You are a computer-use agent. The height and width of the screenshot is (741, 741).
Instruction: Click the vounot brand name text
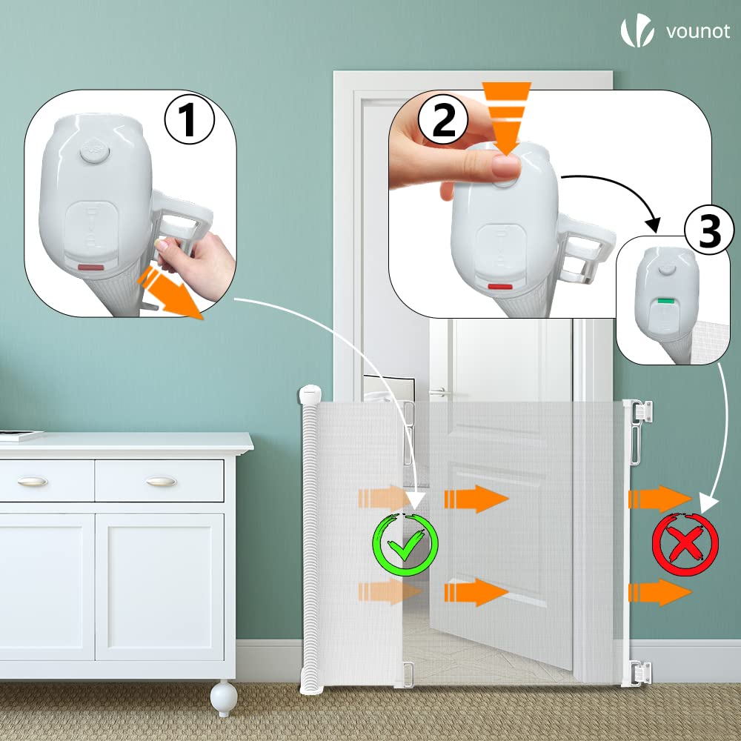tap(698, 31)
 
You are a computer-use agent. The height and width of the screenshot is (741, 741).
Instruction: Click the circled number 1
tap(189, 121)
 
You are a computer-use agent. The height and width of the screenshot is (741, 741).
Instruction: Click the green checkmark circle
tap(405, 544)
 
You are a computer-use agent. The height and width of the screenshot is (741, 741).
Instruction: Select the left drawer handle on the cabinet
tap(33, 481)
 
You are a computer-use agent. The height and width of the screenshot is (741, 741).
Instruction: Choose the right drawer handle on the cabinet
tap(160, 481)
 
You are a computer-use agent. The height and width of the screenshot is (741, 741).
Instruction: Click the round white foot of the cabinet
tap(223, 698)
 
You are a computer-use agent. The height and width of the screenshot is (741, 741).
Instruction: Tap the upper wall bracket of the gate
tap(641, 413)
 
